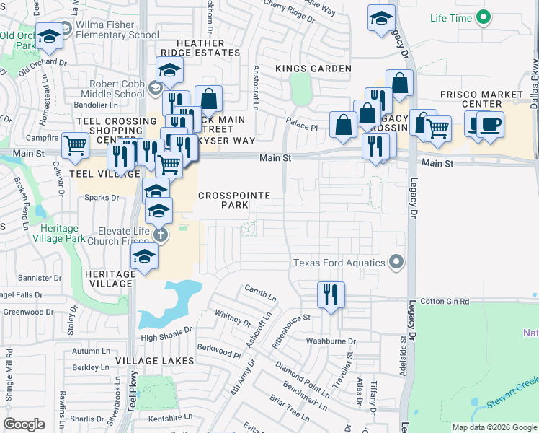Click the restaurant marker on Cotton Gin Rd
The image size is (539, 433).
point(331,294)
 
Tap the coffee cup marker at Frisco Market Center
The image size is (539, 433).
point(490,124)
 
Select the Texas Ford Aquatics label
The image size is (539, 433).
point(339,263)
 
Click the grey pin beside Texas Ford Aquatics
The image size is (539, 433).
point(395,262)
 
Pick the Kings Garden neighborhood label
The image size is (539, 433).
point(313,69)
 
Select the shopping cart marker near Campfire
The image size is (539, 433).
point(75,145)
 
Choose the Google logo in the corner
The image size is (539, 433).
point(24,424)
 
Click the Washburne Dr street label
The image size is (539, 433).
point(331,341)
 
